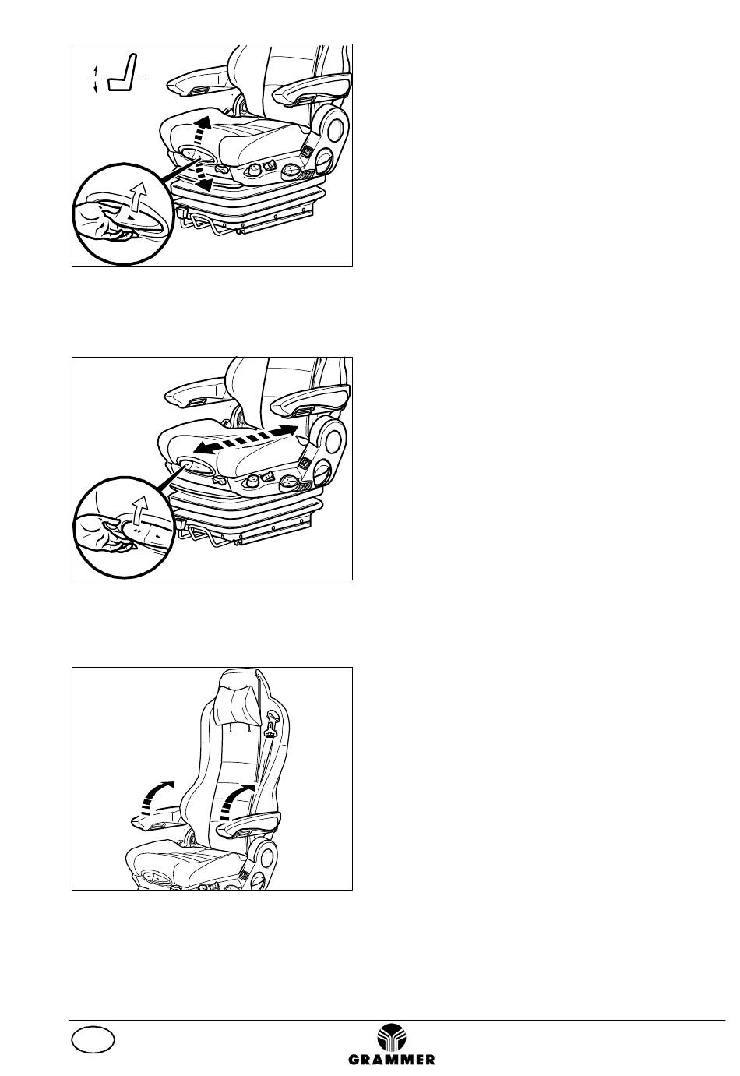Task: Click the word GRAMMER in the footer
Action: tap(391, 1059)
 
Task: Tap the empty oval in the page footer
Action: tap(93, 1036)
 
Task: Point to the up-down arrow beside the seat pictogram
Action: tap(96, 79)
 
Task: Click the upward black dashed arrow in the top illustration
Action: tap(201, 129)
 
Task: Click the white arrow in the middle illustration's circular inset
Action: tap(139, 510)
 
